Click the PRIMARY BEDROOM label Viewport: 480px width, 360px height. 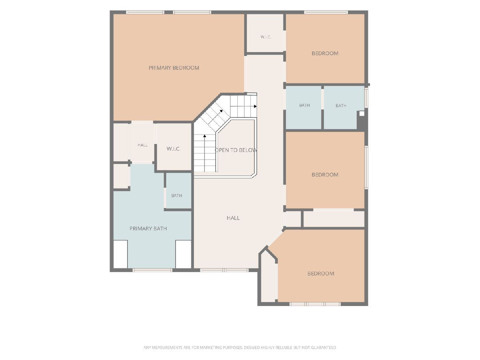(174, 68)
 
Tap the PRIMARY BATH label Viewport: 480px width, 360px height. (148, 229)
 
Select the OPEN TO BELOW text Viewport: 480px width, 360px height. (236, 150)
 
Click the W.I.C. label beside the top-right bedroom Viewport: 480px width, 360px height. (266, 37)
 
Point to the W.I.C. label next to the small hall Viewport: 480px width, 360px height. (174, 149)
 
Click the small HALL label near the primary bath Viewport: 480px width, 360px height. (142, 145)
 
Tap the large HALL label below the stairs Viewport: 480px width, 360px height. (233, 218)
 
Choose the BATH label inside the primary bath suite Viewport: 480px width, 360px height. (176, 196)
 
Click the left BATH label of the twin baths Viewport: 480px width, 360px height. (304, 105)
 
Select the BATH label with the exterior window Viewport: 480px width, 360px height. (341, 106)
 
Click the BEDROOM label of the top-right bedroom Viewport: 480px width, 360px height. (325, 53)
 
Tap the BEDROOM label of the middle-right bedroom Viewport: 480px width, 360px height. (325, 175)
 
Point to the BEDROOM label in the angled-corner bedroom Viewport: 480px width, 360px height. (321, 274)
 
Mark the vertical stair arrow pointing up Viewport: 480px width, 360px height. (205, 153)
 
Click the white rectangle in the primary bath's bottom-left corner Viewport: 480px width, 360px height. (120, 254)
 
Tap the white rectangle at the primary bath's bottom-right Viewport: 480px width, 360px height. (184, 254)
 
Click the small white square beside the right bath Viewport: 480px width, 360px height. (362, 114)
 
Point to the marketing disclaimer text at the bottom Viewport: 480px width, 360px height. (240, 348)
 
